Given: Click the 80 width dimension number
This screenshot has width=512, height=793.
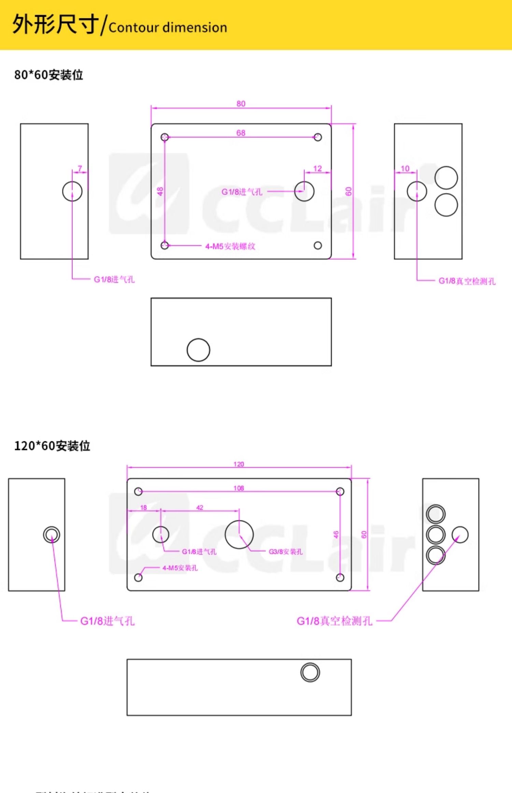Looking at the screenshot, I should [241, 103].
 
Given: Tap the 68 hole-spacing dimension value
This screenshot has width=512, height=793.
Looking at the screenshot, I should [241, 133].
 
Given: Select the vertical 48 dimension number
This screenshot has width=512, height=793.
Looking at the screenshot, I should [160, 191].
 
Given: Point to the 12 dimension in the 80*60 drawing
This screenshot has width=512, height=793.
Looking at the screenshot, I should [317, 168].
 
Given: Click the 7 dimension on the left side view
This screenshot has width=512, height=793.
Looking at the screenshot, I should [80, 168].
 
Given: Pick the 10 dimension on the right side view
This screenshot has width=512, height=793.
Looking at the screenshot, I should [405, 168].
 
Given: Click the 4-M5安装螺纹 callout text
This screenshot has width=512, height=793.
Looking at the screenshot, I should [230, 246].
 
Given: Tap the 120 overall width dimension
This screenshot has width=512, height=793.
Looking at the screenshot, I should [239, 464].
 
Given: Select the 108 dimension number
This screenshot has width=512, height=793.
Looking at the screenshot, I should [239, 488].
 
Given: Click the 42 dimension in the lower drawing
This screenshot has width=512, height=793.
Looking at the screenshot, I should [200, 507].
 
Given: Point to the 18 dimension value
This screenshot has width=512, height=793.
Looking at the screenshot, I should [143, 507].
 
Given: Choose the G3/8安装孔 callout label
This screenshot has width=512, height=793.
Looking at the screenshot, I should [285, 552].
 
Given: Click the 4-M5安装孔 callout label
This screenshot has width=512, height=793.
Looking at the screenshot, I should [180, 568].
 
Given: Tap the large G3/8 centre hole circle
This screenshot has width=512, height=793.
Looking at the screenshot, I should [239, 534].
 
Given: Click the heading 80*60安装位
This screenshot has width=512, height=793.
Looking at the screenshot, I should [48, 75].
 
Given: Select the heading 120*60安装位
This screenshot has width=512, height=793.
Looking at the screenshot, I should [52, 446].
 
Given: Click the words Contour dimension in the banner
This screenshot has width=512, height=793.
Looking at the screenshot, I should [168, 28].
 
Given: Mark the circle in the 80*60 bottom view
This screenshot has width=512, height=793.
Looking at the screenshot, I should [198, 350].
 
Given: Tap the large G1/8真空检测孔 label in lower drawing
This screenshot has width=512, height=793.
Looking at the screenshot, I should [334, 621].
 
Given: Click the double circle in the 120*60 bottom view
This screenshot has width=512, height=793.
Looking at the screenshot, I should [310, 672].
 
